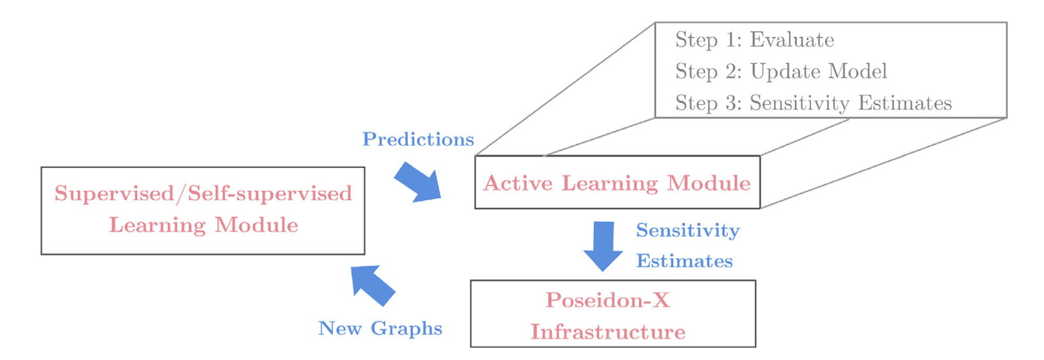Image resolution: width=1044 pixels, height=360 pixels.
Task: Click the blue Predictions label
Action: pyautogui.click(x=418, y=139)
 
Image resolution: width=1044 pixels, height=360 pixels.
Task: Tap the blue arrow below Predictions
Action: pyautogui.click(x=418, y=182)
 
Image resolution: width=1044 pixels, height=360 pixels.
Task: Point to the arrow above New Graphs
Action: pyautogui.click(x=373, y=285)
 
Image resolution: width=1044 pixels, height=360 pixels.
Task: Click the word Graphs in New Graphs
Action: pyautogui.click(x=406, y=329)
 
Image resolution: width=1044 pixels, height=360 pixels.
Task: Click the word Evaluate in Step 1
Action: pyautogui.click(x=792, y=40)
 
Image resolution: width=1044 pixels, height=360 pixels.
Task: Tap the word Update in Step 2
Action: pyautogui.click(x=786, y=72)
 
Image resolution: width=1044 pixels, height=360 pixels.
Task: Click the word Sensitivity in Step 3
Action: pyautogui.click(x=799, y=103)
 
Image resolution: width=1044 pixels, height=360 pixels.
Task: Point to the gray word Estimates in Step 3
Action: pyautogui.click(x=905, y=103)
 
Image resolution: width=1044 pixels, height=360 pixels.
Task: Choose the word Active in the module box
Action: pyautogui.click(x=517, y=183)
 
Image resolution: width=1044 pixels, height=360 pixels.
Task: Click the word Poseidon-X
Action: pyautogui.click(x=608, y=300)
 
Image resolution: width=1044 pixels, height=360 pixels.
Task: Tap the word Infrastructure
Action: pyautogui.click(x=608, y=332)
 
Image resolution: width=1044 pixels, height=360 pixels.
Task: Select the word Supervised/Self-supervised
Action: pyautogui.click(x=203, y=193)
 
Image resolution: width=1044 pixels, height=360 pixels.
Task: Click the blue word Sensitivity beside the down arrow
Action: pyautogui.click(x=688, y=230)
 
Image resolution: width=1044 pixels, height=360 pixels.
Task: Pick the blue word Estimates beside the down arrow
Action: pyautogui.click(x=685, y=261)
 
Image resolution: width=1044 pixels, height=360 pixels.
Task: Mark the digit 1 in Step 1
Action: pyautogui.click(x=731, y=40)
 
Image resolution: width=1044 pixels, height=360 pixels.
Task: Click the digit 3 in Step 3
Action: pyautogui.click(x=731, y=103)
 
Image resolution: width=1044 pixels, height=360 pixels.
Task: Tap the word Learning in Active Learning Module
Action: pyautogui.click(x=609, y=183)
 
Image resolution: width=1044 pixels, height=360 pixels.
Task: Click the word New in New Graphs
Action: pyautogui.click(x=340, y=329)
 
